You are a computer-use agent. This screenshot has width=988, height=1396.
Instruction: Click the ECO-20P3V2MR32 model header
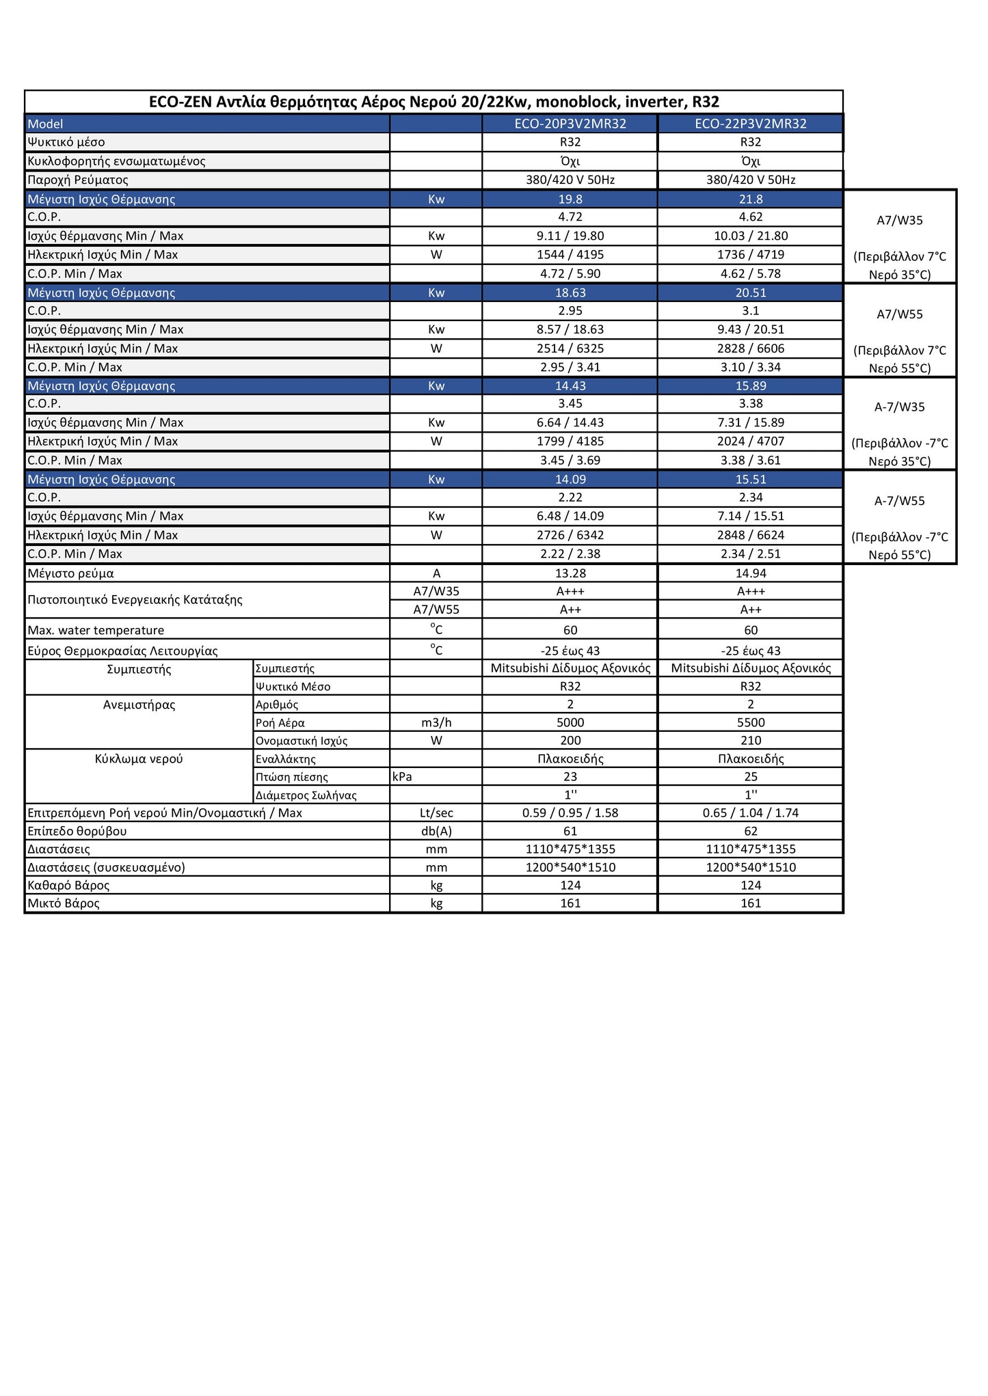[570, 124]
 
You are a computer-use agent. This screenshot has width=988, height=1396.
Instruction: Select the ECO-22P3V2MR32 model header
[750, 124]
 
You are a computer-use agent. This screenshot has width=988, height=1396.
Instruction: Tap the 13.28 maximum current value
[570, 573]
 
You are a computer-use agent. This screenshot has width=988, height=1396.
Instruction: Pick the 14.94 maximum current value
[750, 573]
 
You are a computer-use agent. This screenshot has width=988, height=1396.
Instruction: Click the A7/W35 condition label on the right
[899, 221]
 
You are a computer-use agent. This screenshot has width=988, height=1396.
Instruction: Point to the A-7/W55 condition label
[899, 501]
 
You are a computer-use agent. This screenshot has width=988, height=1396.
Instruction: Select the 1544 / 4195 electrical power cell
[570, 255]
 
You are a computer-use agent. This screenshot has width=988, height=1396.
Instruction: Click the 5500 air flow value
[750, 722]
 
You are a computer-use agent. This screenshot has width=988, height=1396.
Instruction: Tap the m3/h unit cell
[436, 722]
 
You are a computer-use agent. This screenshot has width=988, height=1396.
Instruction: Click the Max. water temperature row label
[96, 630]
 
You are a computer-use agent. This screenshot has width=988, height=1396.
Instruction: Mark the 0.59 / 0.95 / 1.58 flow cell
[570, 813]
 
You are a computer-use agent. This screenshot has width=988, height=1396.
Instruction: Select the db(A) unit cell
[436, 831]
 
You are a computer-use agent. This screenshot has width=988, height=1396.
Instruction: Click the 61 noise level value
[570, 831]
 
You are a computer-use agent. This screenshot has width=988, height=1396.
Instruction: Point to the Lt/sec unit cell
[436, 813]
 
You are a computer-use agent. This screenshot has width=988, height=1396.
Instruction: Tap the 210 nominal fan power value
[750, 740]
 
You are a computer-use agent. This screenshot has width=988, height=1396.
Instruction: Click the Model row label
[45, 124]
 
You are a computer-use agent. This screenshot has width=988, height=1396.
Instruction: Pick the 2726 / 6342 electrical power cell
[570, 535]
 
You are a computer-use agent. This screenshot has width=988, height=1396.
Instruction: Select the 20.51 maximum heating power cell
[750, 292]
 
